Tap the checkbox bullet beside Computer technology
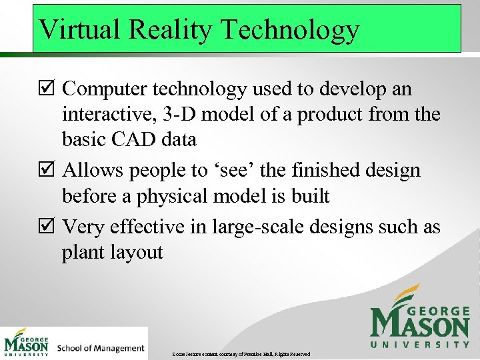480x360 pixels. [x=48, y=89]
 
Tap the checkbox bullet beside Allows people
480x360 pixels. [x=48, y=171]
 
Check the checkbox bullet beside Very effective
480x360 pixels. [x=48, y=228]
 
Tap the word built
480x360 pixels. [x=309, y=196]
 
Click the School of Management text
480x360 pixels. [x=101, y=348]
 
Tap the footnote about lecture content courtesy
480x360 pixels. [x=241, y=353]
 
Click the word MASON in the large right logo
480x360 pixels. [x=421, y=325]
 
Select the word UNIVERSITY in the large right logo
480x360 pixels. [x=420, y=344]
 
